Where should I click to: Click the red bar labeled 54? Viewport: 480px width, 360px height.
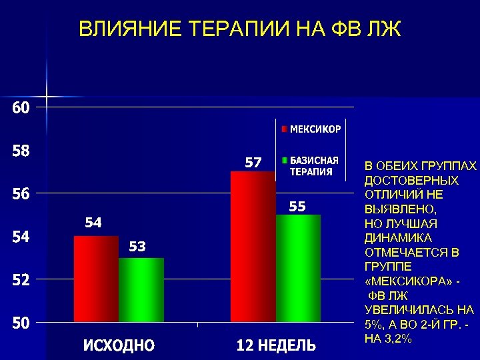pos(96,279)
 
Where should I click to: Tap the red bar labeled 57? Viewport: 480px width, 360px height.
pos(253,247)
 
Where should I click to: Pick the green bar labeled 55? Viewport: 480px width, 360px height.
pos(298,269)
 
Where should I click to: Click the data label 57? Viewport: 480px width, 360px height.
pos(253,162)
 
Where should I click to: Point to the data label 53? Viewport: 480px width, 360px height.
pos(137,247)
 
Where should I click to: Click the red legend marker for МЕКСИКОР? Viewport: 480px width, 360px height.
pos(283,129)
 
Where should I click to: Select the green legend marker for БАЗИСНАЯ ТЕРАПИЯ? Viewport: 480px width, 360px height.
pos(283,161)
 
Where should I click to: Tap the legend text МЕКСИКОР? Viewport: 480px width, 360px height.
pos(315,129)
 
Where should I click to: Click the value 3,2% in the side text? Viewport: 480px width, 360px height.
pos(397,339)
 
